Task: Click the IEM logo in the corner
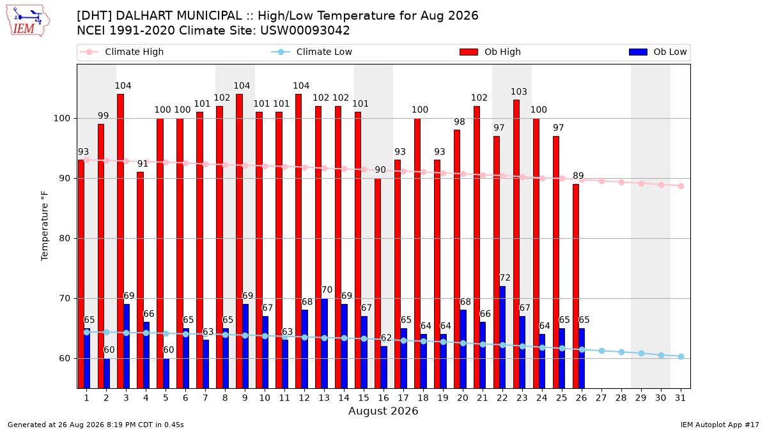[x=28, y=21]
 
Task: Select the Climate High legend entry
[x=121, y=52]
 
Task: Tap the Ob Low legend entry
[x=658, y=52]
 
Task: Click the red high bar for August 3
[x=121, y=241]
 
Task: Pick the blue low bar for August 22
[x=502, y=337]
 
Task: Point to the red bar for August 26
[x=576, y=286]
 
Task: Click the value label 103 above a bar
[x=519, y=92]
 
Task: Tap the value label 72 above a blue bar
[x=505, y=278]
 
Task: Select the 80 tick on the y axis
[x=65, y=238]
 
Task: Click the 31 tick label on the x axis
[x=680, y=398]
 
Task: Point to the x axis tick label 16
[x=383, y=398]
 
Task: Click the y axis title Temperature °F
[x=45, y=226]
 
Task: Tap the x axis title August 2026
[x=383, y=411]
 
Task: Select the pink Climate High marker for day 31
[x=681, y=186]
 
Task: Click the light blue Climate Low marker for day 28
[x=621, y=352]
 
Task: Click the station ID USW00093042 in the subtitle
[x=305, y=31]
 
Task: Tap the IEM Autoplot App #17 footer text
[x=720, y=425]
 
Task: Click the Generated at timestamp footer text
[x=95, y=425]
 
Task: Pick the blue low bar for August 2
[x=107, y=373]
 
